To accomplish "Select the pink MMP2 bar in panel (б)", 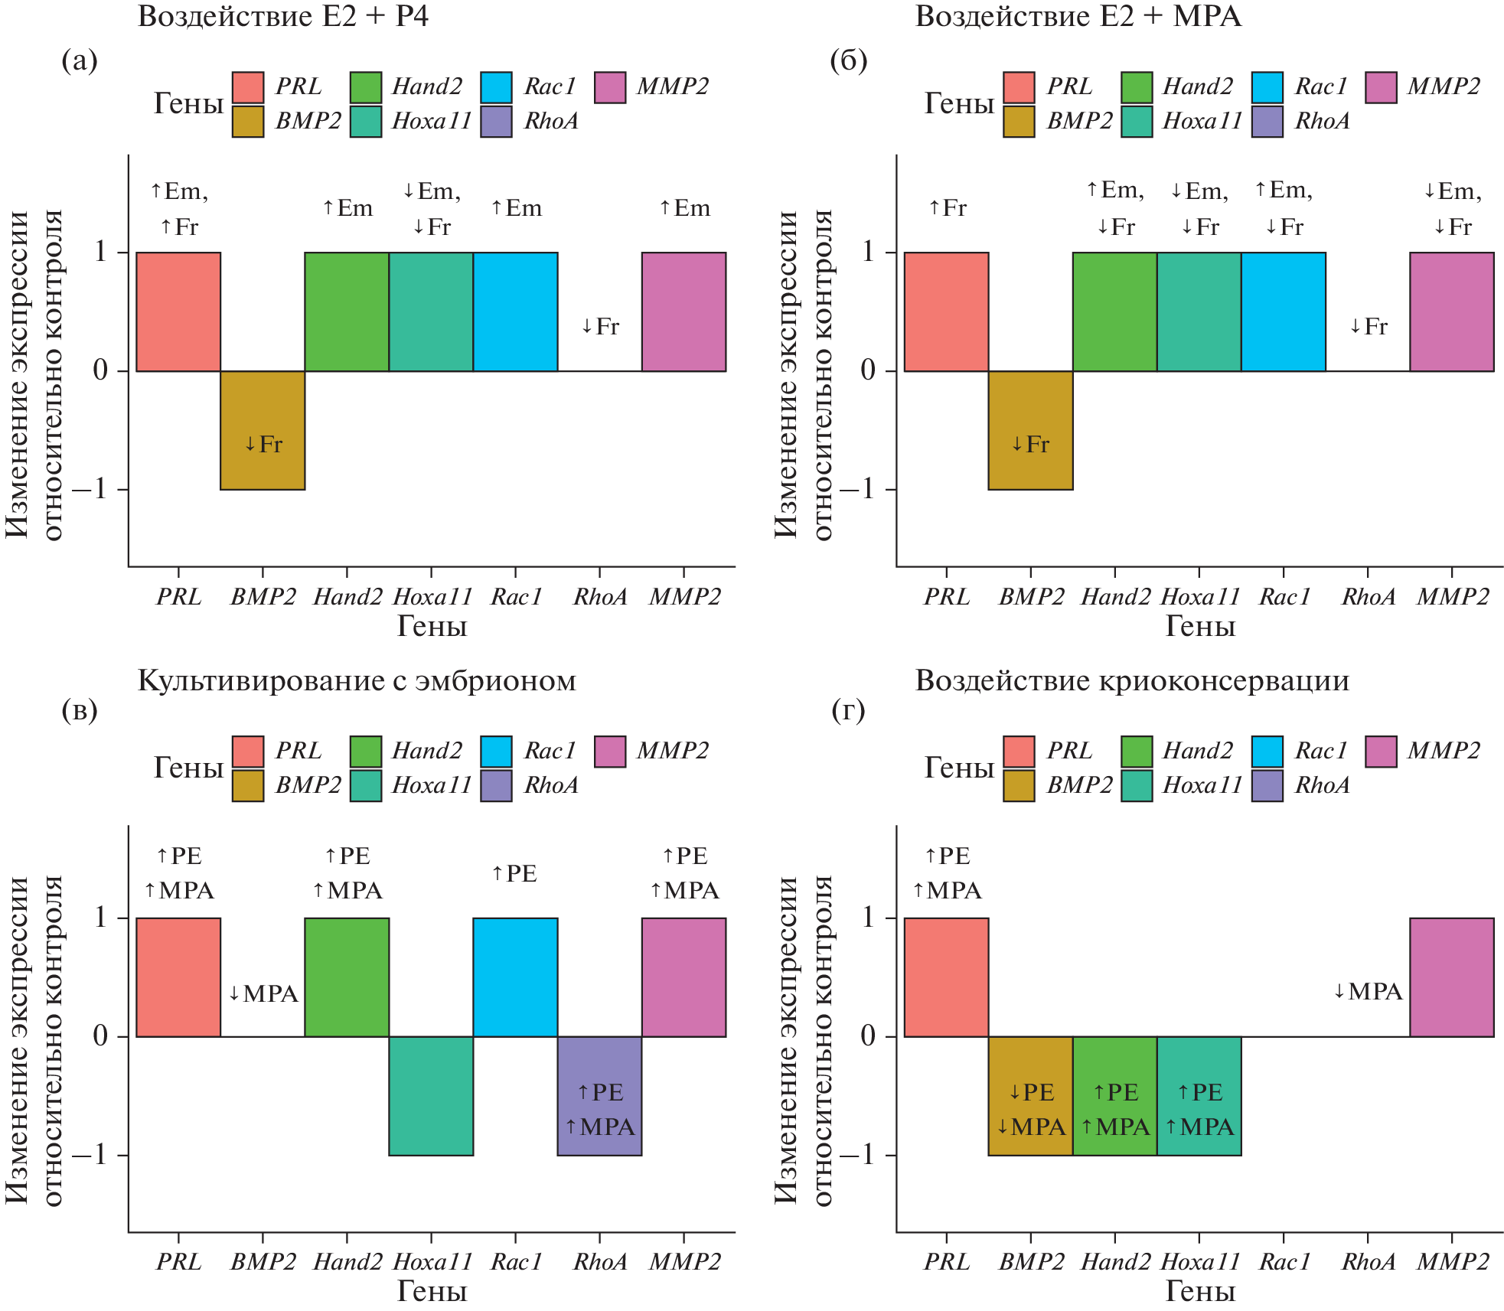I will pos(1451,311).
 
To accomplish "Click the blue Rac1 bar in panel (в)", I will pos(515,977).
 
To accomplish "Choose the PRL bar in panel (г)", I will pos(946,977).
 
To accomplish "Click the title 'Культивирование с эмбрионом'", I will pos(357,680).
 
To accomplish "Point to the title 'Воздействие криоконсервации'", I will pos(1132,680).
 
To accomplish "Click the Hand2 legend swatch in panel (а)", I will pos(366,87).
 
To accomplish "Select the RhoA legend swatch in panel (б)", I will pos(1267,122).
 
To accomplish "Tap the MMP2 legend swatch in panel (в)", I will pos(610,752).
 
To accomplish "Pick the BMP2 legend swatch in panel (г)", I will pos(1019,786).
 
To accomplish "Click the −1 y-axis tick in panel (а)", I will pos(90,489).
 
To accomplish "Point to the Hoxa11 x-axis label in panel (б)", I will pos(1199,597).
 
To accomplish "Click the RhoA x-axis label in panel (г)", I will pos(1369,1262).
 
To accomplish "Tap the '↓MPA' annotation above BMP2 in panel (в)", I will pos(263,993).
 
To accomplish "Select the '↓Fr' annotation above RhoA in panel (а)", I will pos(599,327).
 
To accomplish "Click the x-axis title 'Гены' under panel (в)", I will pos(432,1291).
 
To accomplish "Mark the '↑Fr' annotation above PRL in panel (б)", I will pos(947,207).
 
